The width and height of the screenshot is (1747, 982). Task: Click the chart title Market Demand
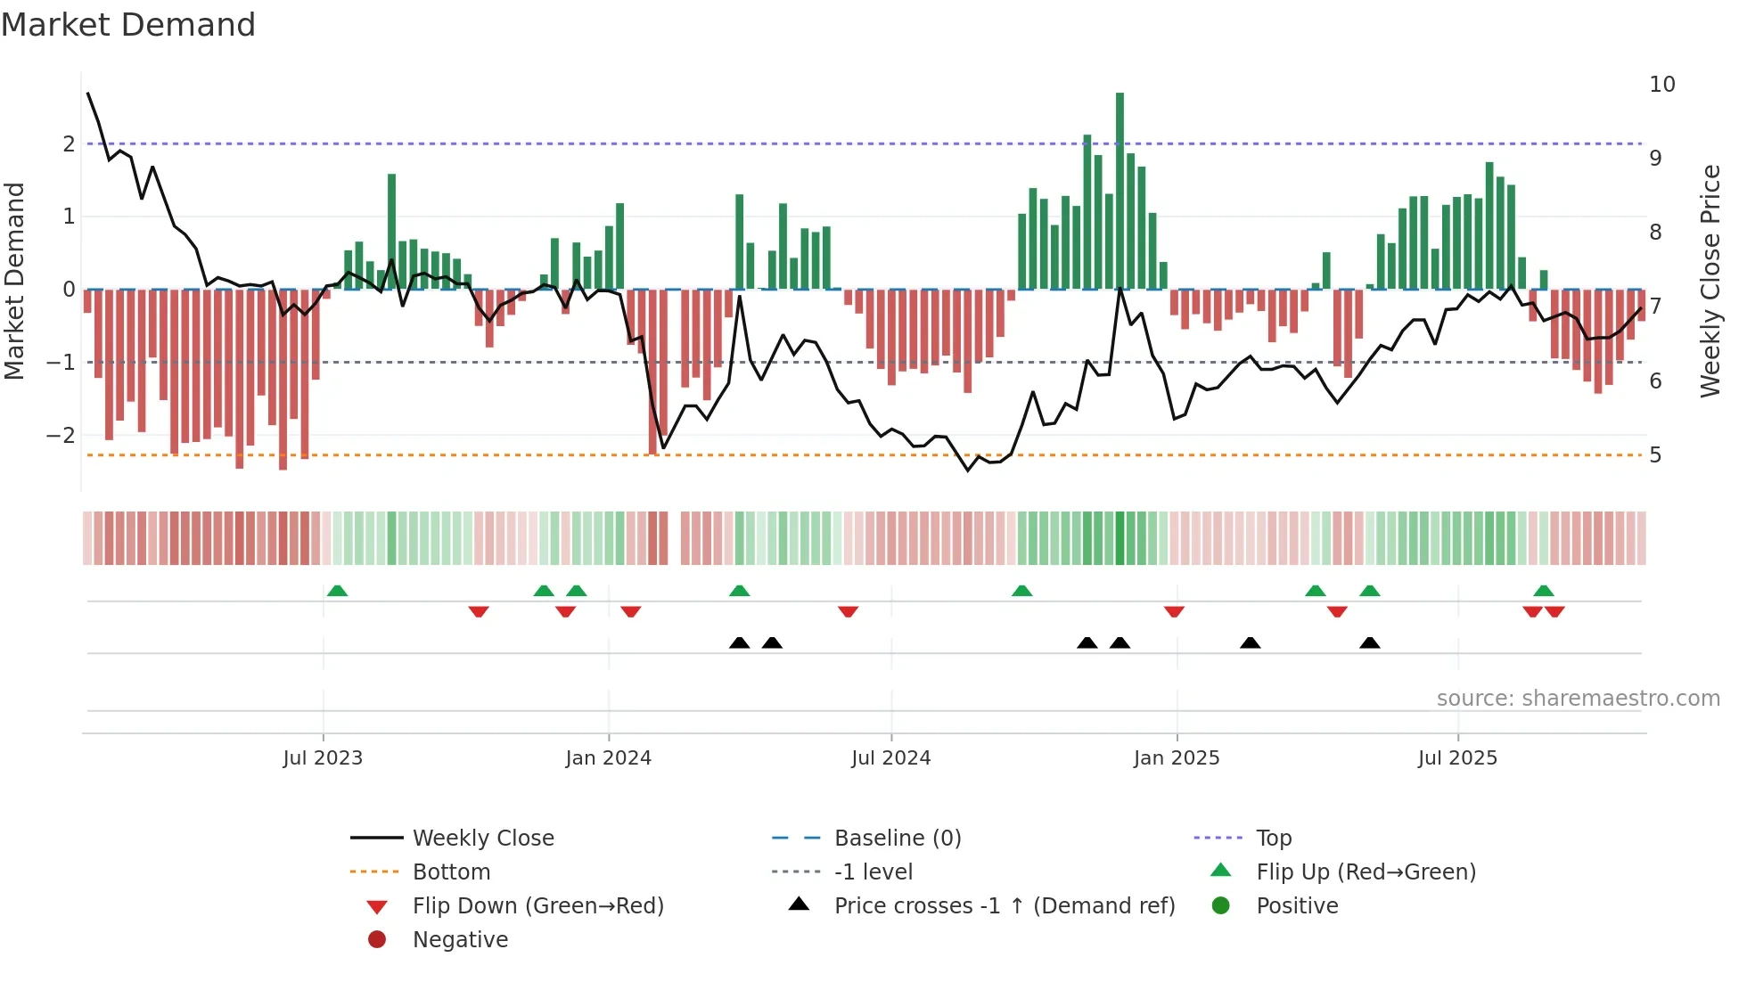pyautogui.click(x=128, y=25)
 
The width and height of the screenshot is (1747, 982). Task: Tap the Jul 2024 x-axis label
pyautogui.click(x=890, y=758)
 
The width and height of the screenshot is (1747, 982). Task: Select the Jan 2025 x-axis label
pyautogui.click(x=1176, y=758)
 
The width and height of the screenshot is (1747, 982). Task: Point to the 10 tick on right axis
pyautogui.click(x=1661, y=85)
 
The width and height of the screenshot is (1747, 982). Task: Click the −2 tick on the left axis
pyautogui.click(x=61, y=436)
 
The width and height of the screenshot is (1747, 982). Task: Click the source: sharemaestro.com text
pyautogui.click(x=1578, y=699)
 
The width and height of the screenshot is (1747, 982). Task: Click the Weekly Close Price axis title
pyautogui.click(x=1710, y=281)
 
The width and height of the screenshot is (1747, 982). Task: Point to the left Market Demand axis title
pyautogui.click(x=15, y=281)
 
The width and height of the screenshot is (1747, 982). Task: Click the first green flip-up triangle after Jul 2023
pyautogui.click(x=337, y=591)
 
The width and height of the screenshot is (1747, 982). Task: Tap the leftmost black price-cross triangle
pyautogui.click(x=739, y=642)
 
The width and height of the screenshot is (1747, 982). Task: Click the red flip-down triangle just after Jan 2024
pyautogui.click(x=630, y=611)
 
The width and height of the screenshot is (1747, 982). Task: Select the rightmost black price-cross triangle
pyautogui.click(x=1370, y=642)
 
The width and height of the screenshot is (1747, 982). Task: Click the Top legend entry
pyautogui.click(x=1273, y=839)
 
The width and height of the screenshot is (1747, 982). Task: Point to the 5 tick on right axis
pyautogui.click(x=1655, y=455)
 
